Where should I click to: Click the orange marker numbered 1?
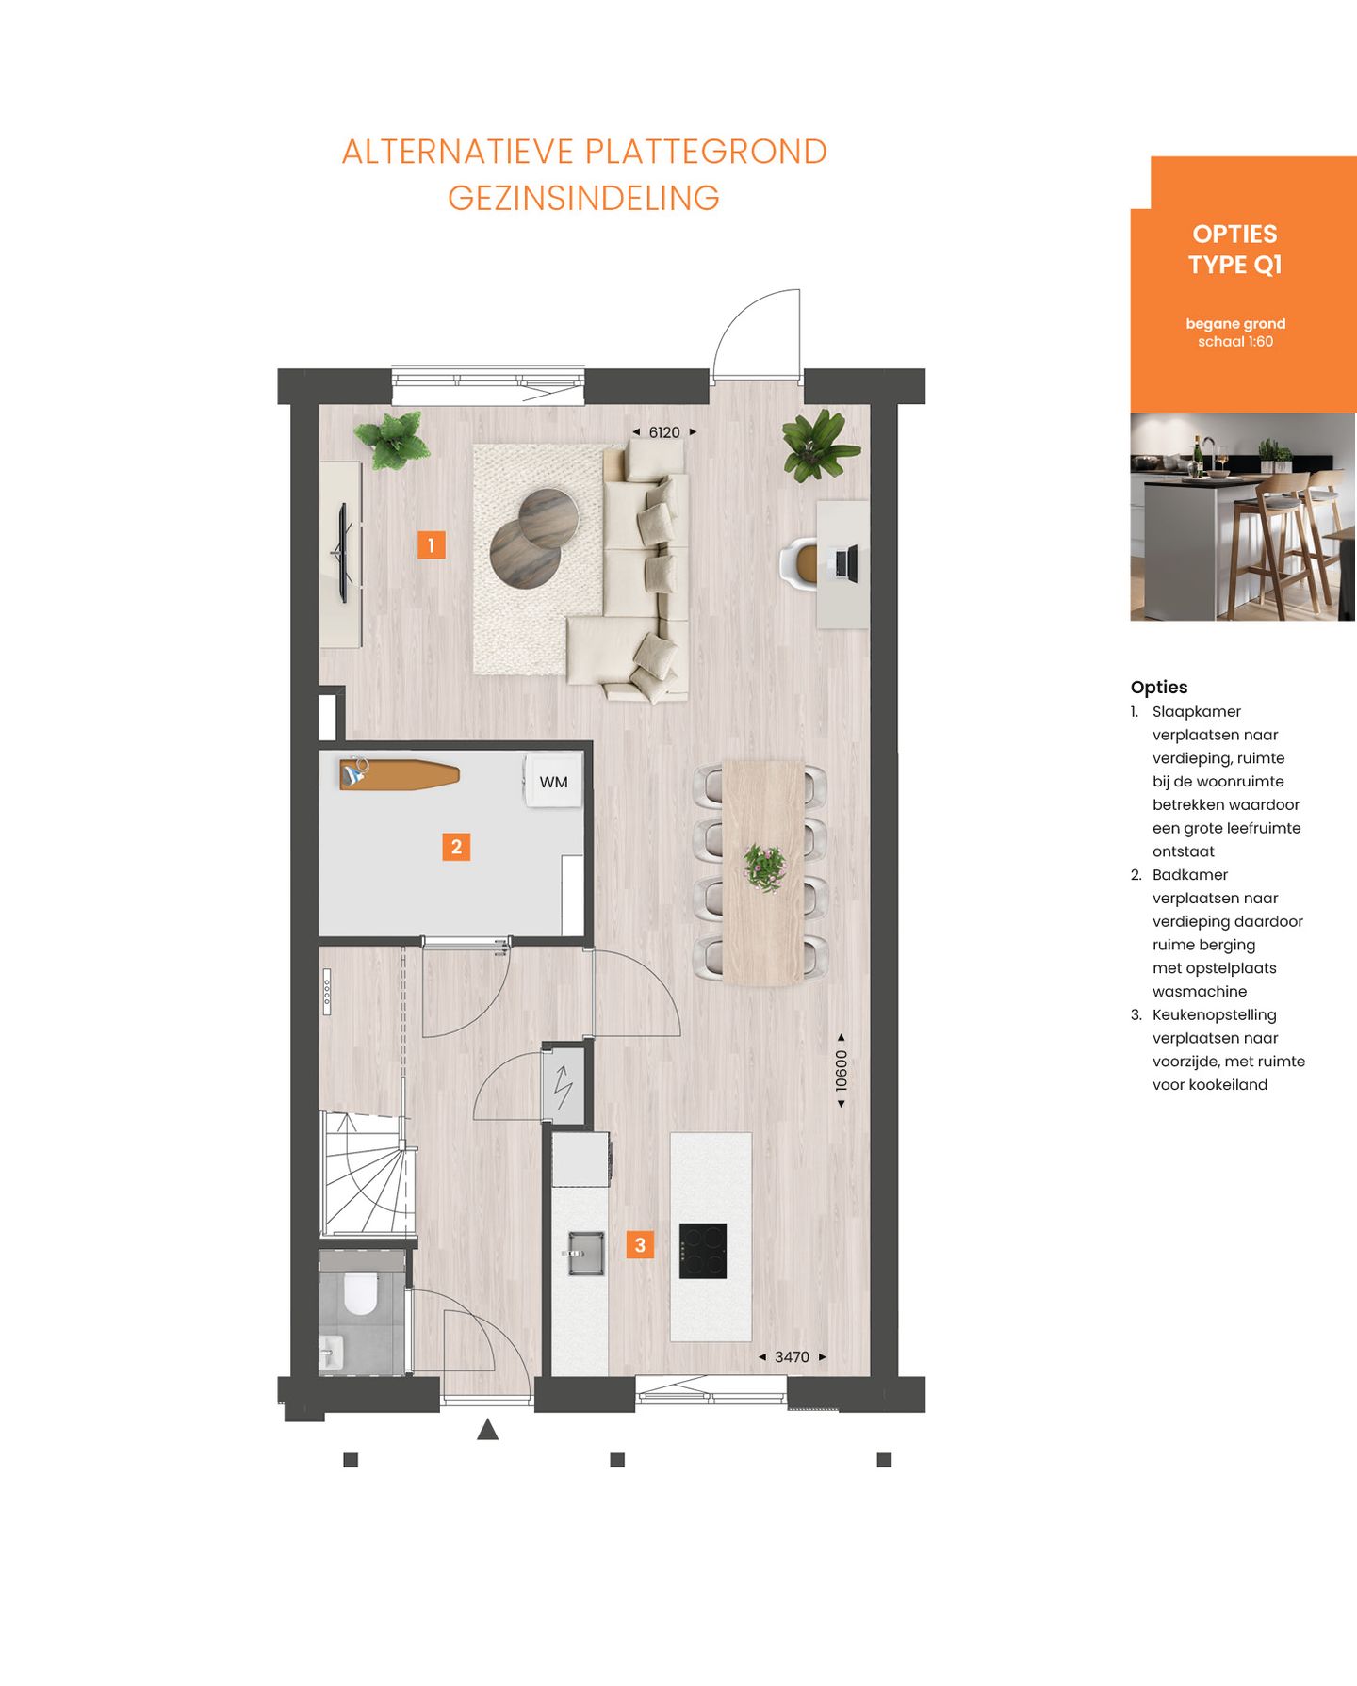tap(431, 544)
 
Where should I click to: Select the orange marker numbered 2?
tap(456, 847)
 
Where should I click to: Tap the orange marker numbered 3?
tap(640, 1245)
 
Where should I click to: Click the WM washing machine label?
tap(553, 782)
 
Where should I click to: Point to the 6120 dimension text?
tap(663, 432)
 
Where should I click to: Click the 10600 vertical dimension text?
tap(842, 1070)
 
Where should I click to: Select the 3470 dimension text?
tap(792, 1357)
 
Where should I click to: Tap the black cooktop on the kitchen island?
tap(703, 1250)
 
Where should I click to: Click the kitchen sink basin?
tap(585, 1254)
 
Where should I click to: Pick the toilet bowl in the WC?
tap(360, 1292)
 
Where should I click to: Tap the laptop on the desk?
tap(844, 563)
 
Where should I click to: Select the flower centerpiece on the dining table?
tap(764, 867)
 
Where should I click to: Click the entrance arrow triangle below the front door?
tap(487, 1430)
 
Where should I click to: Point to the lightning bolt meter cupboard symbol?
tap(564, 1086)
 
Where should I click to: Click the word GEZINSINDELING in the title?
tap(583, 198)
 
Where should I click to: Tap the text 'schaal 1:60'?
tap(1234, 342)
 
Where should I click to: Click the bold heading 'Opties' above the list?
tap(1158, 687)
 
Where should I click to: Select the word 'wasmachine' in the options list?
tap(1199, 991)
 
